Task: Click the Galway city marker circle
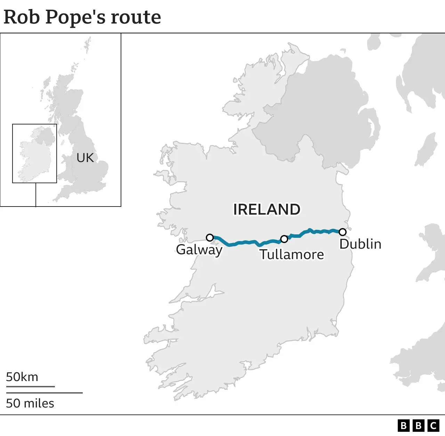tap(210, 237)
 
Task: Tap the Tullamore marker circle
tap(284, 239)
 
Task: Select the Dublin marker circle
tap(342, 232)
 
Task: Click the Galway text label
tap(199, 250)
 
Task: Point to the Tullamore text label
tap(292, 255)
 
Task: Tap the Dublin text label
tap(360, 244)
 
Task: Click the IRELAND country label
tap(267, 209)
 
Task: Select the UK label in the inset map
tap(85, 158)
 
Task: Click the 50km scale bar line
tap(30, 386)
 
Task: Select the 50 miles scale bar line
tap(44, 393)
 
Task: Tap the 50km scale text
tap(22, 377)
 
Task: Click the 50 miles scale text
tap(30, 403)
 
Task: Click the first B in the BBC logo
tap(404, 426)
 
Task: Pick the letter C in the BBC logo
tap(433, 426)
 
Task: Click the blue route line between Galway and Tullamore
tap(243, 242)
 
